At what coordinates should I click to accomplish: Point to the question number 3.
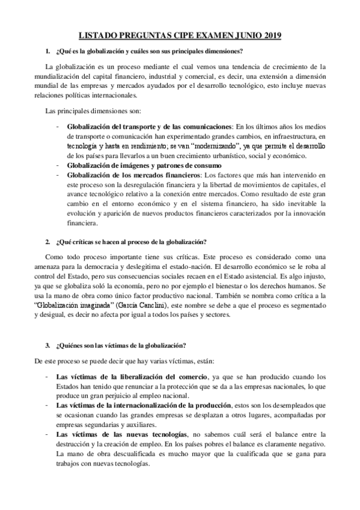tap(47, 345)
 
